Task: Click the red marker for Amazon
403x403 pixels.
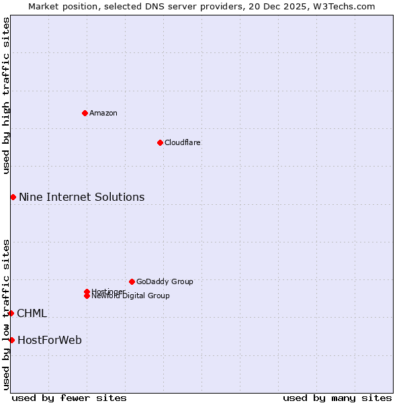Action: (85, 113)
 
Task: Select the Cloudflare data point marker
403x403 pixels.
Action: (160, 142)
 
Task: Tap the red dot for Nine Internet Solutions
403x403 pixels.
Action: (13, 197)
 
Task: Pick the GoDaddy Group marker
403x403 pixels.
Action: (132, 281)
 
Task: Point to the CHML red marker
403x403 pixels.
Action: (11, 313)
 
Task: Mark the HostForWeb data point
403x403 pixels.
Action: (11, 340)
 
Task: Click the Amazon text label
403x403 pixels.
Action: (103, 113)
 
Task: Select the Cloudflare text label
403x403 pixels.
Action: (183, 142)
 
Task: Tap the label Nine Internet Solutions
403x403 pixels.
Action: (81, 197)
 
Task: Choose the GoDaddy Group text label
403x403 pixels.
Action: (165, 281)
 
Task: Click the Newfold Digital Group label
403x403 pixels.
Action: (131, 296)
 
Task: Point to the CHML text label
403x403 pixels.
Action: (32, 313)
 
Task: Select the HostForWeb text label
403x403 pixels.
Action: (50, 340)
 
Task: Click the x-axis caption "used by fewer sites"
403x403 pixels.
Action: (69, 398)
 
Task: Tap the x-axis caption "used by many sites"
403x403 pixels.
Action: (337, 398)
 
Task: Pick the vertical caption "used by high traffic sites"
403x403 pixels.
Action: (6, 95)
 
